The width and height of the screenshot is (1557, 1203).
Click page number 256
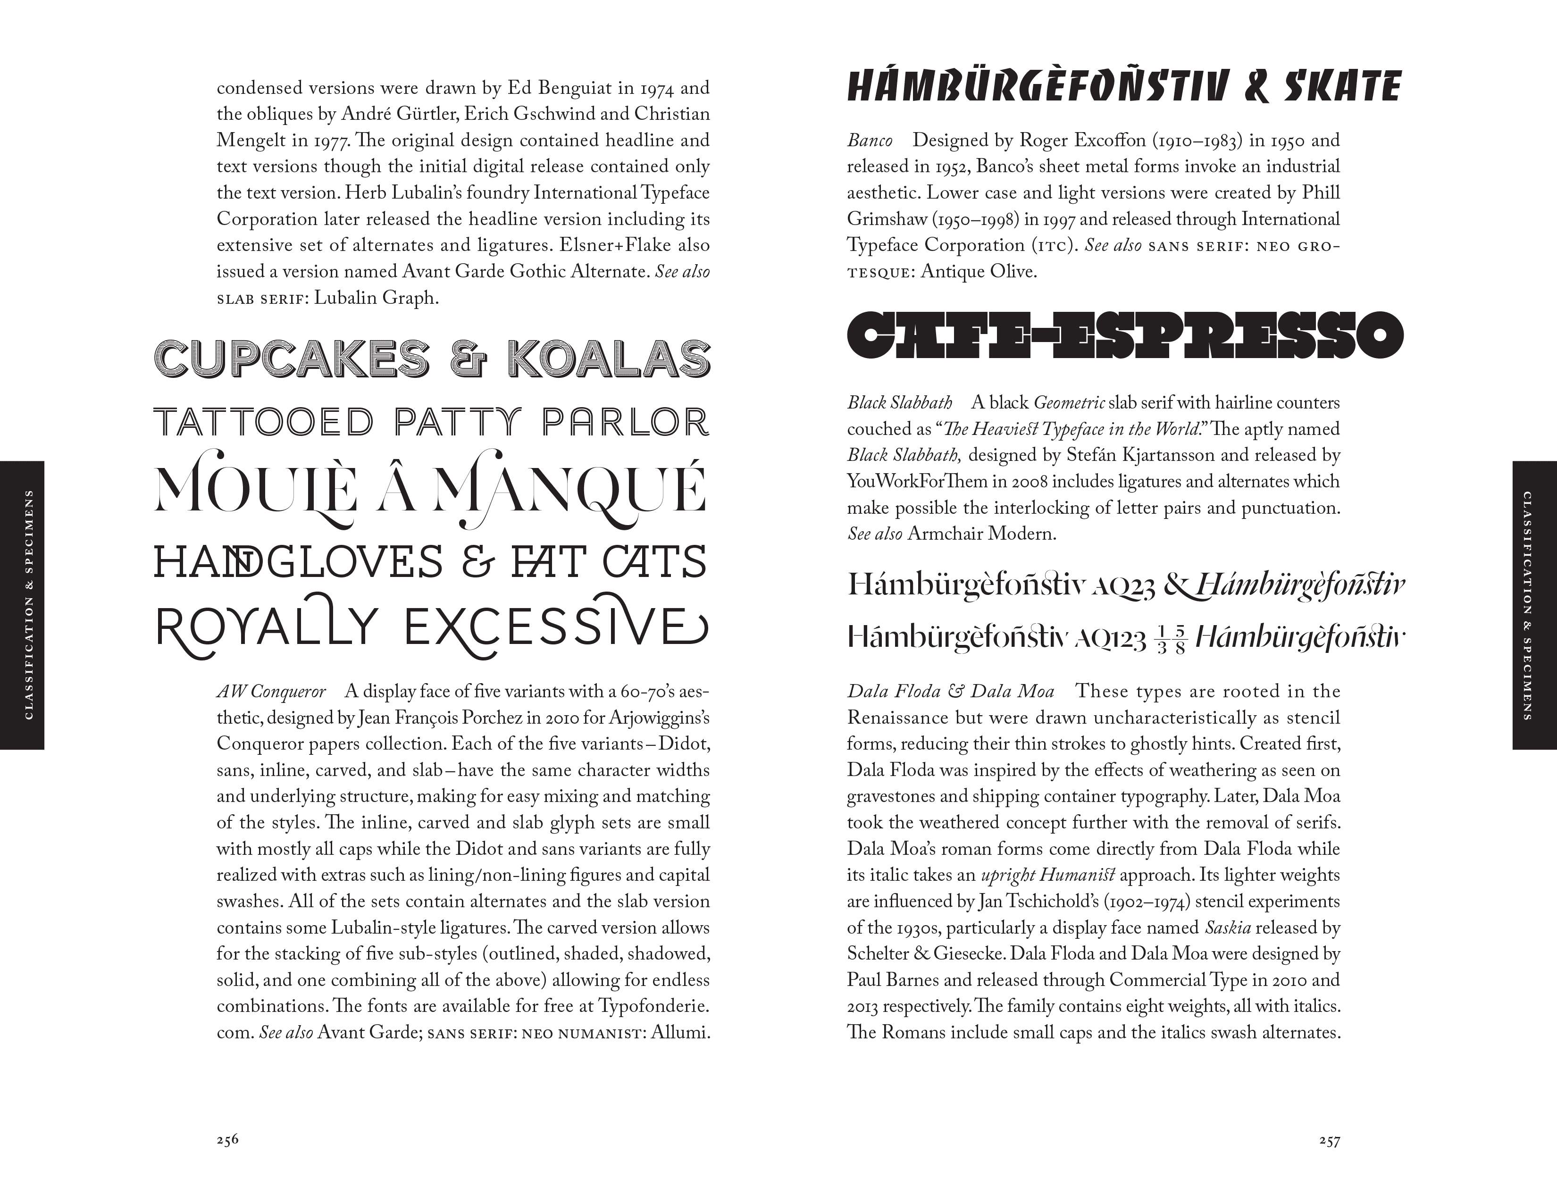(227, 1139)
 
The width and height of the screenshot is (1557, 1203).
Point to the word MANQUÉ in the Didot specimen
(570, 489)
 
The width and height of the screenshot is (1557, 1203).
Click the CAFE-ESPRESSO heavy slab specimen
(1124, 334)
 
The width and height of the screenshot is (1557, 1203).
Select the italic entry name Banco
(870, 141)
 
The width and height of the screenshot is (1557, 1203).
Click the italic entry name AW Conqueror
(271, 691)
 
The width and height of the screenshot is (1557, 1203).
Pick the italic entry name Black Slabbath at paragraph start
(900, 403)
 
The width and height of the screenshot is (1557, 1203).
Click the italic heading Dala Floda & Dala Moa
(950, 691)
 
